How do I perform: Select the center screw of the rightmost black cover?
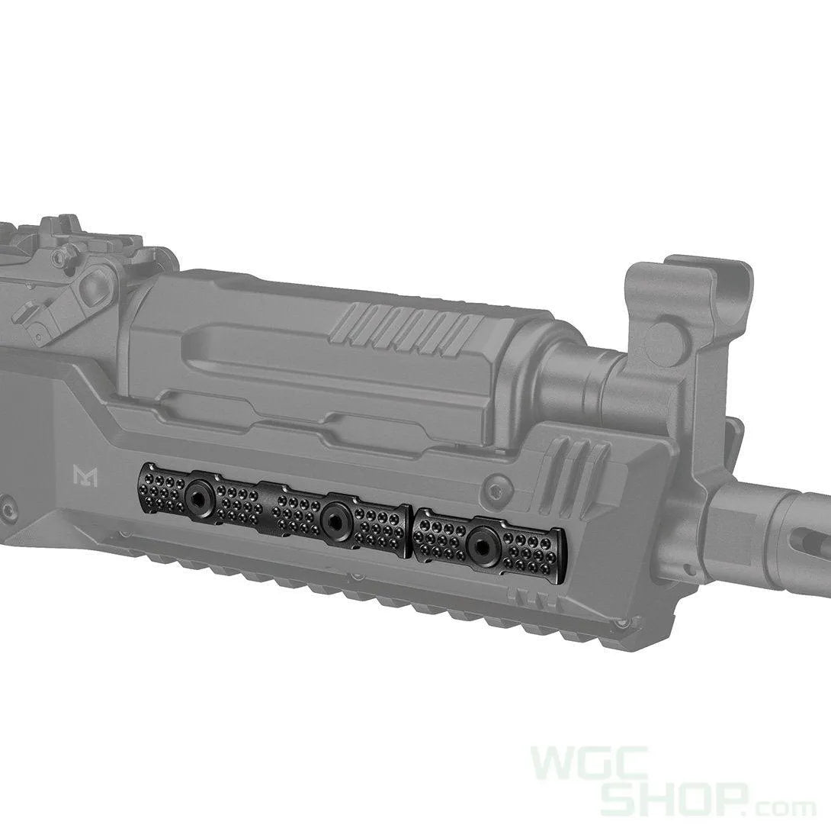click(x=479, y=541)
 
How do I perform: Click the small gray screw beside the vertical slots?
click(x=499, y=483)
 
